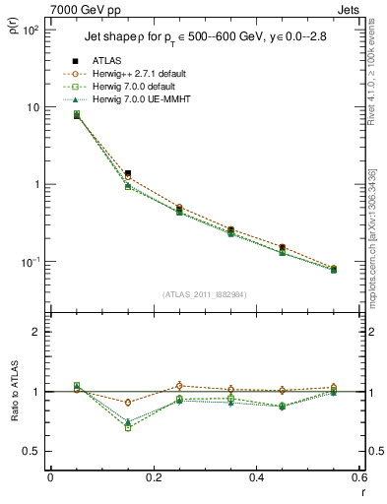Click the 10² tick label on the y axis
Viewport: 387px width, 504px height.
(31, 30)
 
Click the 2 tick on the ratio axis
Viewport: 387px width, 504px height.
(36, 333)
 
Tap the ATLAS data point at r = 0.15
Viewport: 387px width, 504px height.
(128, 173)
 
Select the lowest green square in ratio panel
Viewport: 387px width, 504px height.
(128, 427)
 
